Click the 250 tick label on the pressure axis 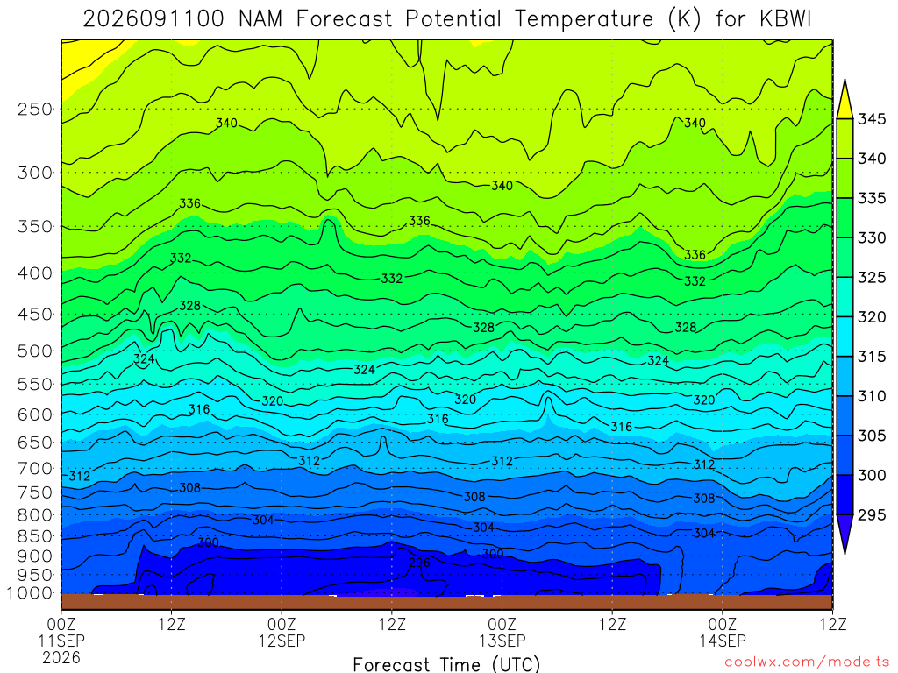coord(34,109)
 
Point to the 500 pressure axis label coord(34,351)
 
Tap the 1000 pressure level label coord(30,593)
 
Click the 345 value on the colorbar coord(871,119)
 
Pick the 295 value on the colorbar coord(871,515)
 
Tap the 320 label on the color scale coord(871,317)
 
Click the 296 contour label coord(419,563)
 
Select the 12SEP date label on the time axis coord(282,641)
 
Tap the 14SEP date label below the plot coord(723,641)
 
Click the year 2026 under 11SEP coord(61,658)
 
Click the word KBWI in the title coord(785,19)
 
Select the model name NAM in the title coord(260,19)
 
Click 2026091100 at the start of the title coord(153,19)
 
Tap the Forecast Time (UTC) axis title coord(446,664)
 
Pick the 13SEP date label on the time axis coord(502,641)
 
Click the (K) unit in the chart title coord(684,19)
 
